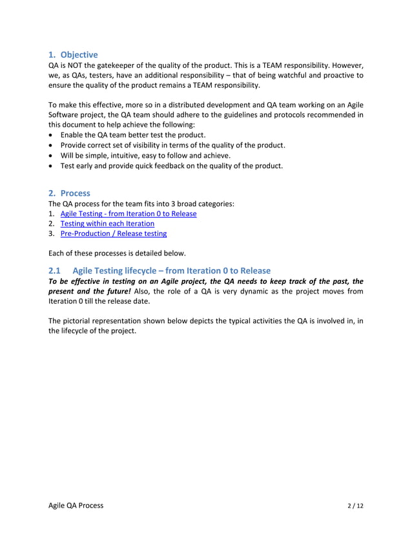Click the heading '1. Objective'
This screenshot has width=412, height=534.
74,54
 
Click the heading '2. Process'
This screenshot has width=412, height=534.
70,193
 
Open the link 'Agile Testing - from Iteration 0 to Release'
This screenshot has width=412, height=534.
128,213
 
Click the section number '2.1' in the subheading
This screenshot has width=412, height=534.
56,270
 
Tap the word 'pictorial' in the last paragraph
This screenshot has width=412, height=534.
83,321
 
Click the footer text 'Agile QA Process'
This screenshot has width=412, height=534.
76,505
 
